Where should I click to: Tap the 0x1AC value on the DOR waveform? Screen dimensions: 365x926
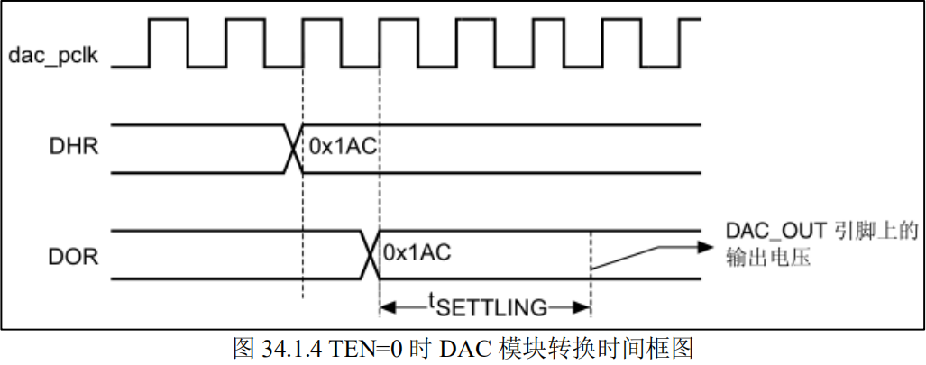coord(417,251)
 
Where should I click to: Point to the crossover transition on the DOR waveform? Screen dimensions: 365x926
coord(369,254)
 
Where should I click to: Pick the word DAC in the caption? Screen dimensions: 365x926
coord(457,348)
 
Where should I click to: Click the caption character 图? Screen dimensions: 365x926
coord(243,348)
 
